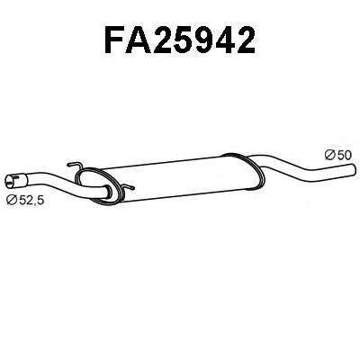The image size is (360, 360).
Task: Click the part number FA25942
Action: pyautogui.click(x=180, y=41)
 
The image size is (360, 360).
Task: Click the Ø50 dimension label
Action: pyautogui.click(x=337, y=155)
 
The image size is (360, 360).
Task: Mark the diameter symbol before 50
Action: pyautogui.click(x=328, y=155)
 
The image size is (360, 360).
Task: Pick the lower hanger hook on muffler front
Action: pyautogui.click(x=126, y=190)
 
